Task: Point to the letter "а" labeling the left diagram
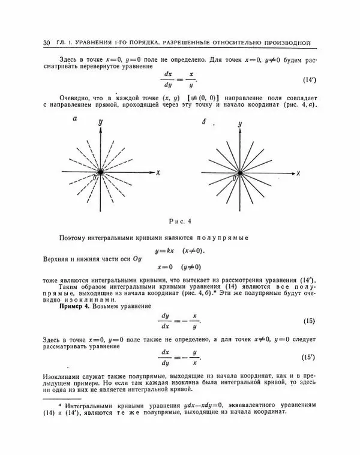74,119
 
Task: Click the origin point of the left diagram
99,172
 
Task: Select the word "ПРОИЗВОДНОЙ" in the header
290,43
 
